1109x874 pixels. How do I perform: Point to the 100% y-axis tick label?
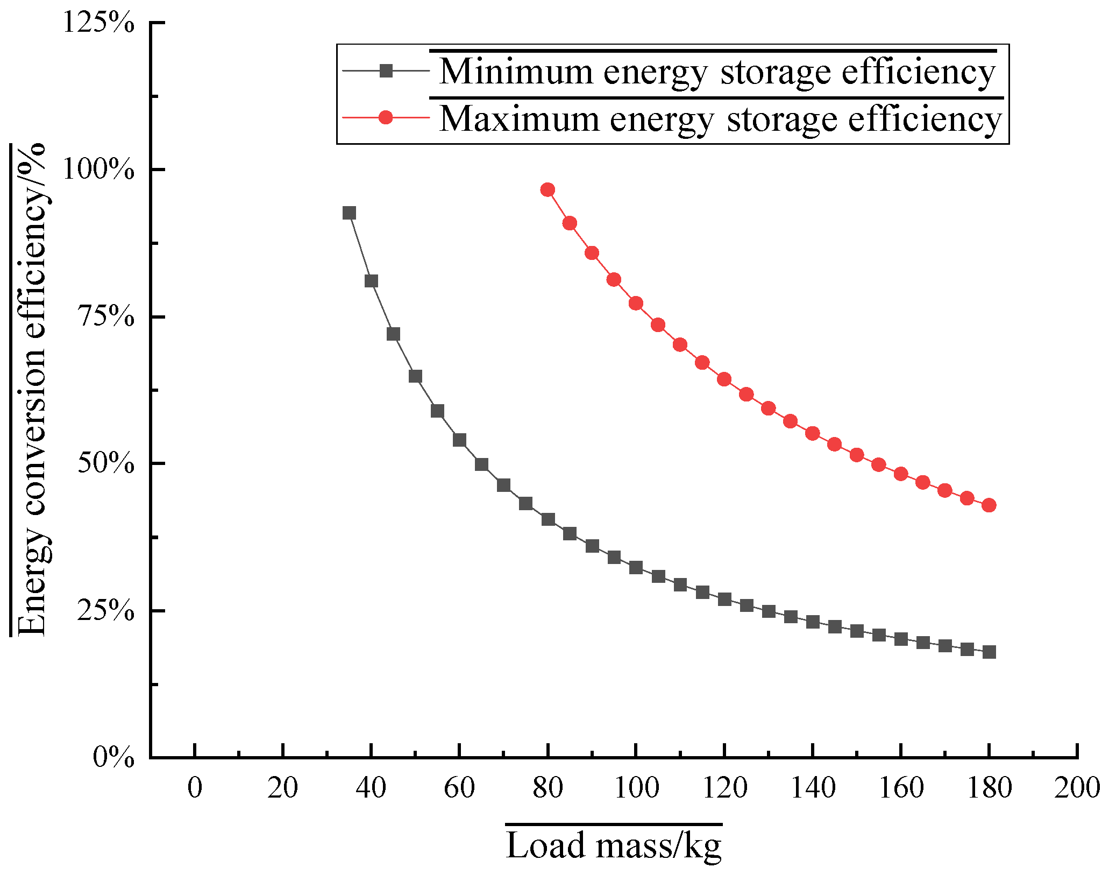point(99,170)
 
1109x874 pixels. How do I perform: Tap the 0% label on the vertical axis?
point(114,758)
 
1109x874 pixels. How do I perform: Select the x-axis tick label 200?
point(1077,788)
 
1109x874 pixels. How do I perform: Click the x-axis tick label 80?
point(548,788)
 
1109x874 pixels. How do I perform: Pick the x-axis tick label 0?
point(195,788)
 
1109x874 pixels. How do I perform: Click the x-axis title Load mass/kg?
point(614,846)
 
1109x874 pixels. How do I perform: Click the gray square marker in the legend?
point(386,71)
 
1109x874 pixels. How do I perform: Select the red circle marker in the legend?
point(386,117)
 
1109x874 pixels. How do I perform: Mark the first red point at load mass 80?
point(548,190)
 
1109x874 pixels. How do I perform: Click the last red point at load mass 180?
point(989,505)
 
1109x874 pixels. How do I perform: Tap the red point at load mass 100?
point(636,304)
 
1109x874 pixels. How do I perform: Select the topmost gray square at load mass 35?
point(349,213)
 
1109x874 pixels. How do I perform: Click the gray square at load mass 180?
point(989,652)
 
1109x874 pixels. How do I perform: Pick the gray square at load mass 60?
point(459,440)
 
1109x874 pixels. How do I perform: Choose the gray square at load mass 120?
point(724,600)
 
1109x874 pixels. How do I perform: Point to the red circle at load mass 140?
point(813,433)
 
